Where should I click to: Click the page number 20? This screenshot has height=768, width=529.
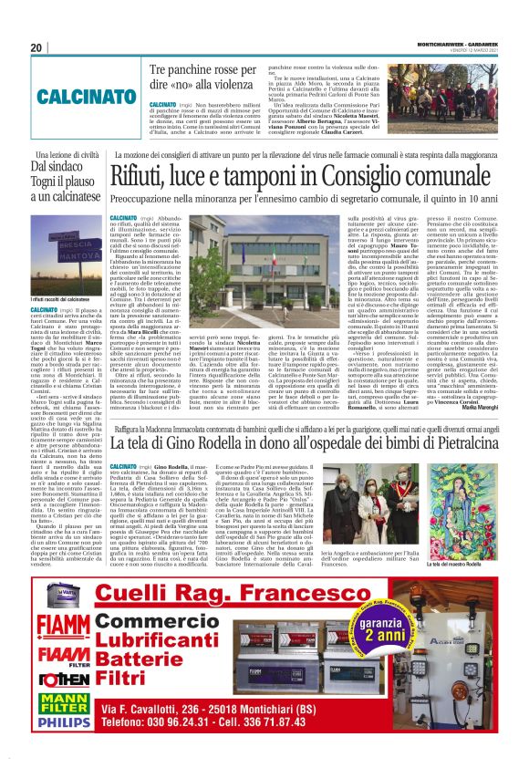tap(37, 48)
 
